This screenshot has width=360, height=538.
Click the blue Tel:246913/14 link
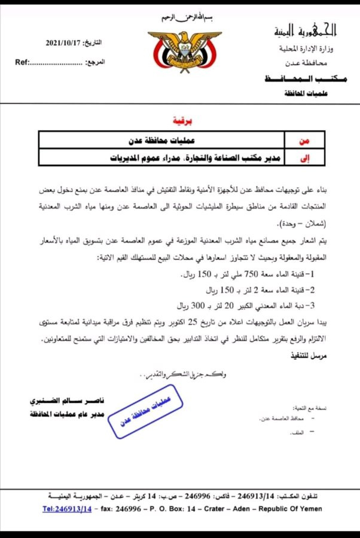coord(67,509)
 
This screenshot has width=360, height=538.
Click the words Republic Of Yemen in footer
coord(292,509)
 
